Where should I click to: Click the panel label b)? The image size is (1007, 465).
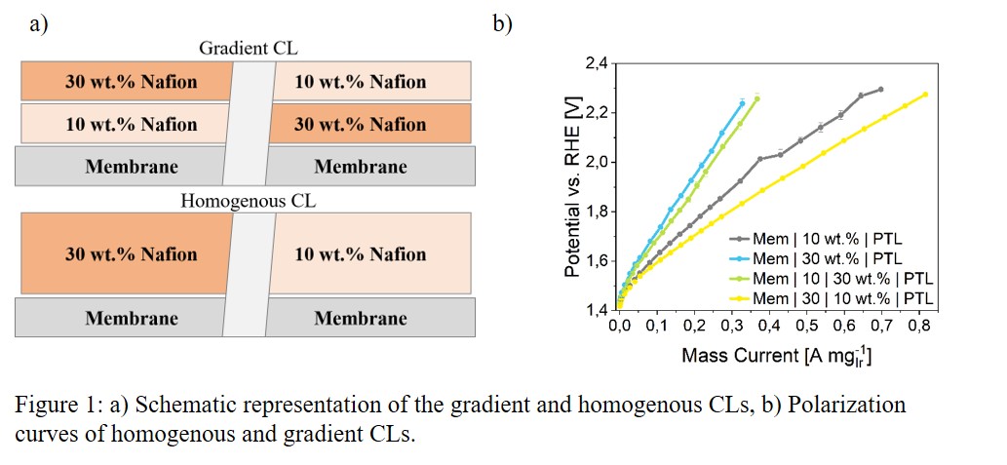coord(502,25)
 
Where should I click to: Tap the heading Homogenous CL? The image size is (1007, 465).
coord(248,202)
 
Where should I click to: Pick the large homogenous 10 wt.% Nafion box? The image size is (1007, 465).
coord(360,254)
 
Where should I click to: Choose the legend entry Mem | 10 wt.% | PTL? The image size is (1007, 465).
coord(829,239)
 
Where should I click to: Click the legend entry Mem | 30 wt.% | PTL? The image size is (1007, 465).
coord(829,258)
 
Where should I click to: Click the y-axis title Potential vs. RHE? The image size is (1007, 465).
coord(574,185)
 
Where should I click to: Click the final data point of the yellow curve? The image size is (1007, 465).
coord(925,95)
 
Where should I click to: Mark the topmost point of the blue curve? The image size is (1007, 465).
coord(742,102)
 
